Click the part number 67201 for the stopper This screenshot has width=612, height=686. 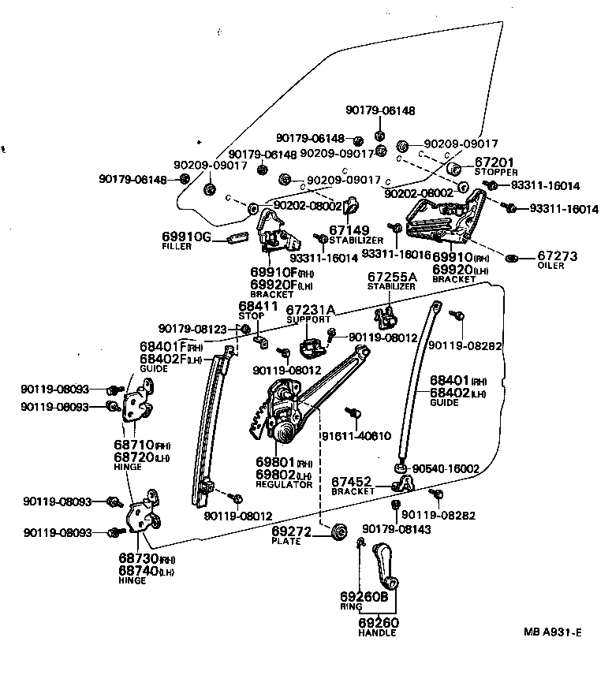point(494,162)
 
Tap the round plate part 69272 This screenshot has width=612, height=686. point(340,531)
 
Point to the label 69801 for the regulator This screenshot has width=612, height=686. point(274,463)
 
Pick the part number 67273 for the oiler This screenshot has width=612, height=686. point(558,256)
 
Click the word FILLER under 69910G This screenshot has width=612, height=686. point(177,247)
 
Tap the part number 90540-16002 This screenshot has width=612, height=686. point(446,468)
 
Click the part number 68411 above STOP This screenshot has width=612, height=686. point(259,306)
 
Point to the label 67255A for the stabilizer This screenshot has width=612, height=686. point(393,278)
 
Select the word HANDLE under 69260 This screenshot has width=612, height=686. point(378,632)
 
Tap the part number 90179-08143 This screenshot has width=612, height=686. point(397,529)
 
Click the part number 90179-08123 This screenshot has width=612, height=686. point(192,329)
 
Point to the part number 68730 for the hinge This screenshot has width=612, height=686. point(139,559)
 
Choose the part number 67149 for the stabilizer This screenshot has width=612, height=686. point(349,231)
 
